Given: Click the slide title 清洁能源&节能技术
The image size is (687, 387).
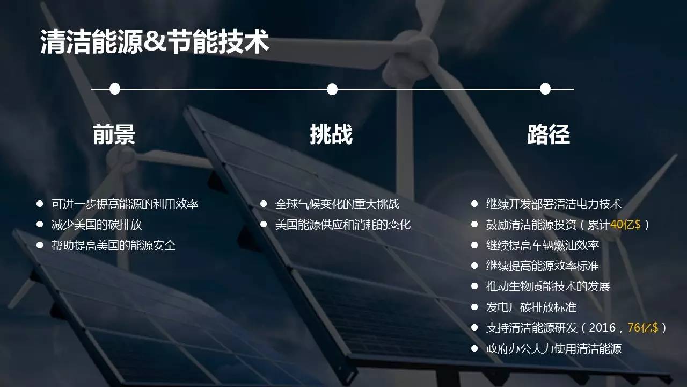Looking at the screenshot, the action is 155,42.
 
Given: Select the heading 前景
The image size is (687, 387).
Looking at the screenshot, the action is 114,134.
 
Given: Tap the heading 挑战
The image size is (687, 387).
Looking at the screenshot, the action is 331,134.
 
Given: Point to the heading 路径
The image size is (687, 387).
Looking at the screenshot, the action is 549,134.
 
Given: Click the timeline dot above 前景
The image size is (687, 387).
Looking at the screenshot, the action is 115,89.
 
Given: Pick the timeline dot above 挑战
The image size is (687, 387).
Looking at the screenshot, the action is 332,89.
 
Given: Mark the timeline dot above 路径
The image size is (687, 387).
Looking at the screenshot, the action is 545,89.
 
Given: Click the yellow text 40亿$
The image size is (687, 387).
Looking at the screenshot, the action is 625,225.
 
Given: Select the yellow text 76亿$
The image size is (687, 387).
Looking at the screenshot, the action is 643,328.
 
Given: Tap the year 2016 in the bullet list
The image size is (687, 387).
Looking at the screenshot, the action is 602,328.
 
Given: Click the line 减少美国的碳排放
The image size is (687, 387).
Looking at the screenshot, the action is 97,225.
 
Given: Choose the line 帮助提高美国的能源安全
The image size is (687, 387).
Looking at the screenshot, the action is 113,246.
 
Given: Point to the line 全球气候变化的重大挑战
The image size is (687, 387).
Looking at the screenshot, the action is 338,204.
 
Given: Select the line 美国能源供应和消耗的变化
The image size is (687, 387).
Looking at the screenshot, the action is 343,225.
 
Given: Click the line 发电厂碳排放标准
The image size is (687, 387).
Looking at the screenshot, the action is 531,307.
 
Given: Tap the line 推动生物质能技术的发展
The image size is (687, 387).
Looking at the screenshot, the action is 548,286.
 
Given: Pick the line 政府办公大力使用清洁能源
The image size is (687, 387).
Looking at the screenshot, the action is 554,349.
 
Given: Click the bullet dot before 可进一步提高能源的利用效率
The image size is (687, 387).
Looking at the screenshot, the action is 40,204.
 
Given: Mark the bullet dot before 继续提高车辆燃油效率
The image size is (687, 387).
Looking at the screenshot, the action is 474,245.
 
